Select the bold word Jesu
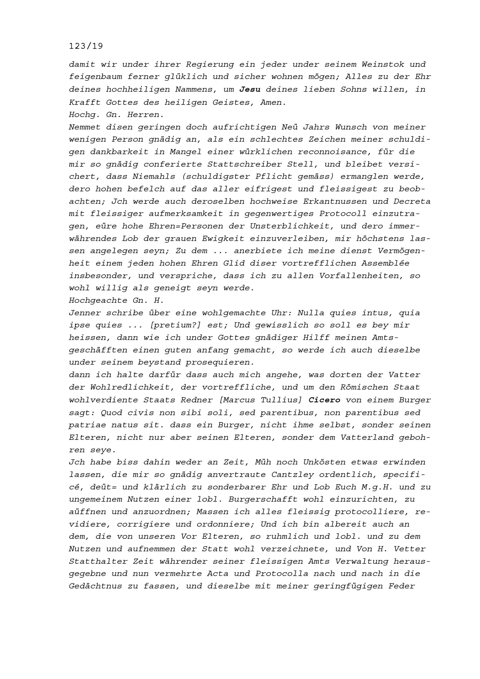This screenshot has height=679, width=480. pos(250,89)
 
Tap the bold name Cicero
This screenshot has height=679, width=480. pos(324,400)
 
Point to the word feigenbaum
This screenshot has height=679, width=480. pos(96,77)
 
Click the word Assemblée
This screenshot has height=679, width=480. pos(386,263)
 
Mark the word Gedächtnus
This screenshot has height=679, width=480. pos(95,586)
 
